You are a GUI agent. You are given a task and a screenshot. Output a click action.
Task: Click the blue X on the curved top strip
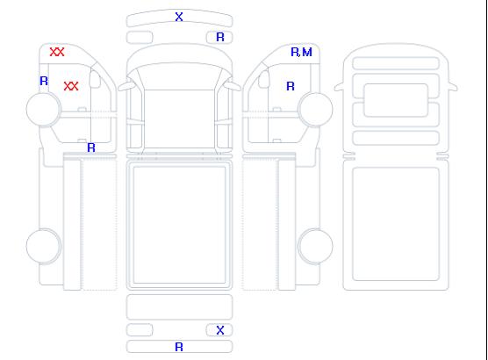tap(179, 17)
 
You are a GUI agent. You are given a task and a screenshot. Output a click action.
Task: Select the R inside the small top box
tap(220, 38)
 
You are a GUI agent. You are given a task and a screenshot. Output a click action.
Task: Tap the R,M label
tap(301, 52)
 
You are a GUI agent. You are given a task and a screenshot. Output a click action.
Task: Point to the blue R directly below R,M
tap(291, 86)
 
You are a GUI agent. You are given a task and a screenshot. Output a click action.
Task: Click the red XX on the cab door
tap(71, 86)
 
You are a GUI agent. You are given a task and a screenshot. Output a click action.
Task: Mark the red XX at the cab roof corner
tap(57, 52)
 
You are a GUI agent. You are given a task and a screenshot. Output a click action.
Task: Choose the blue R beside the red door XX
tap(44, 82)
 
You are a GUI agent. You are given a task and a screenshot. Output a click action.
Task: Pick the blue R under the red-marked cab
tap(91, 148)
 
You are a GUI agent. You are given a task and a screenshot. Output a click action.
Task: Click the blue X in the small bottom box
tap(220, 330)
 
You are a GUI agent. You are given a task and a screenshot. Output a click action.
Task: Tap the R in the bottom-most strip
tap(179, 347)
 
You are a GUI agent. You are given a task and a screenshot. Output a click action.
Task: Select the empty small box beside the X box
tap(140, 330)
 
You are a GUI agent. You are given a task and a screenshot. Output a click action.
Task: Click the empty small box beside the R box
tap(140, 38)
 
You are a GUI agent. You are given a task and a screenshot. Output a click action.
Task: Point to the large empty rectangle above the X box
tap(179, 307)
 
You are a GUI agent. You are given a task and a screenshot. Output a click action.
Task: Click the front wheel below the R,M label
tap(315, 110)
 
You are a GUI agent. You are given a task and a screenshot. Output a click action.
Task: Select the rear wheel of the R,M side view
tap(315, 246)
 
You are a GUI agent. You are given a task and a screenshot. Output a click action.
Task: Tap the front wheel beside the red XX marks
tap(44, 110)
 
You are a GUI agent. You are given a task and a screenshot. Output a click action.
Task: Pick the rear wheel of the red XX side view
tap(44, 246)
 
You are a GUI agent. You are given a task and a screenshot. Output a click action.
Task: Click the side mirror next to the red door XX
tap(95, 79)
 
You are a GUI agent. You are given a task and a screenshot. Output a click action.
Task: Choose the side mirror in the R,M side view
tap(264, 79)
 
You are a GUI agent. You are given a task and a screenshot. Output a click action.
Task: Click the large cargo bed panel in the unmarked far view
tap(396, 224)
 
